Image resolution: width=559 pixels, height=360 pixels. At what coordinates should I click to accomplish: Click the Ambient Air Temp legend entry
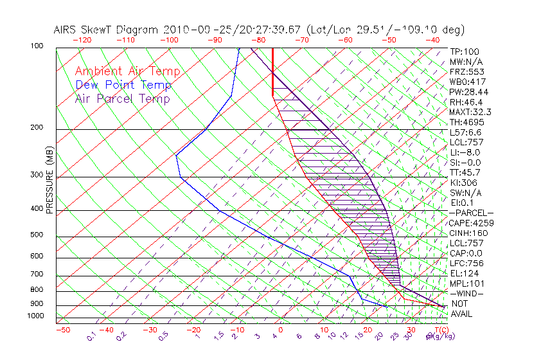pyautogui.click(x=127, y=71)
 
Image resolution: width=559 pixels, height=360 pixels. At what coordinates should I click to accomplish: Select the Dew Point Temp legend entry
pyautogui.click(x=123, y=85)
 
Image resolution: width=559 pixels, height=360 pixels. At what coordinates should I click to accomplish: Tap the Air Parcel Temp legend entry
pyautogui.click(x=122, y=98)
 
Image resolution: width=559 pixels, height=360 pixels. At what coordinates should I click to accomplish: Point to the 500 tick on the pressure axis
pyautogui.click(x=37, y=235)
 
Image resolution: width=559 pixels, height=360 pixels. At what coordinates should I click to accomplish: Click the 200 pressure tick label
pyautogui.click(x=37, y=127)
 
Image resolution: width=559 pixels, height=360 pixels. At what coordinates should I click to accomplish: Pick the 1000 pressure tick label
pyautogui.click(x=35, y=316)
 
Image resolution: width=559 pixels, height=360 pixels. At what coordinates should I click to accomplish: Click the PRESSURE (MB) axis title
pyautogui.click(x=49, y=181)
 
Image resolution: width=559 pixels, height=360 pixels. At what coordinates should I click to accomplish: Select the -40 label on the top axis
pyautogui.click(x=432, y=40)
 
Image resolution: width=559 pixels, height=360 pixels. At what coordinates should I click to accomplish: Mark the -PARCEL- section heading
pyautogui.click(x=471, y=213)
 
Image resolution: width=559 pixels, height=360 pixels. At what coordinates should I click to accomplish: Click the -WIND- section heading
pyautogui.click(x=466, y=293)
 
